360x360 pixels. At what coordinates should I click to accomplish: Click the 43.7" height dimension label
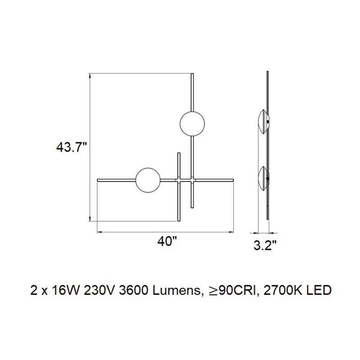pyautogui.click(x=72, y=147)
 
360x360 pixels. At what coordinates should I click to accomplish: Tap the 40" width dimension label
pyautogui.click(x=167, y=241)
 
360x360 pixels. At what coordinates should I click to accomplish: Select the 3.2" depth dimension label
pyautogui.click(x=265, y=245)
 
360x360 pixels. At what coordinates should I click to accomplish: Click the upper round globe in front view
pyautogui.click(x=192, y=124)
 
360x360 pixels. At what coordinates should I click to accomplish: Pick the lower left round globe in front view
pyautogui.click(x=148, y=180)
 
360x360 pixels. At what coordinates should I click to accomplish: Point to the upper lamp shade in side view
pyautogui.click(x=264, y=124)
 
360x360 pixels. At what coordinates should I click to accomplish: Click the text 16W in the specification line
pyautogui.click(x=66, y=291)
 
